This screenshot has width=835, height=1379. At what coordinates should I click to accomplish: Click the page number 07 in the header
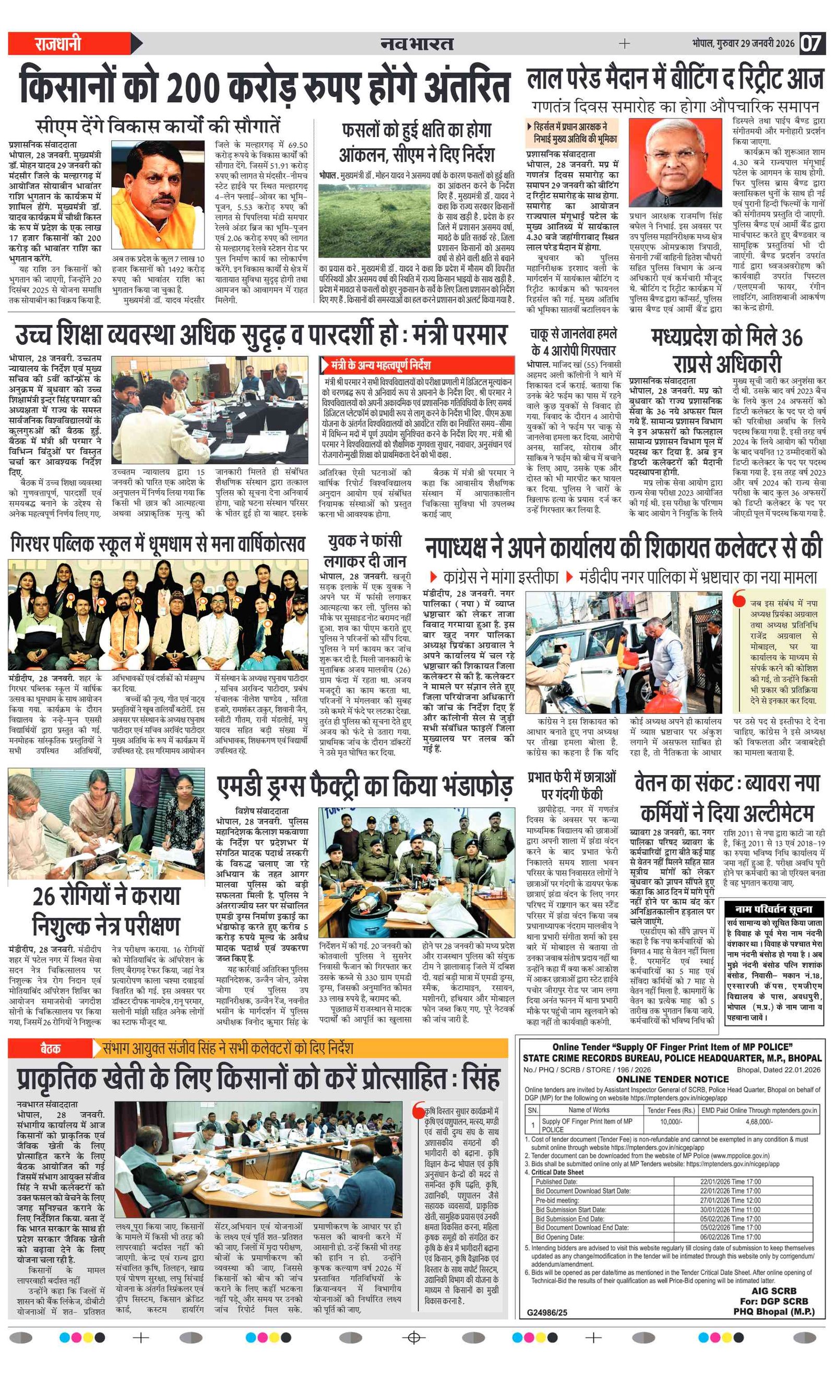811,43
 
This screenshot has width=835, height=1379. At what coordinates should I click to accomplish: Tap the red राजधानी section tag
58,43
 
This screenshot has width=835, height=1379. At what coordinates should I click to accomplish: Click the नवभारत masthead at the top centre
416,43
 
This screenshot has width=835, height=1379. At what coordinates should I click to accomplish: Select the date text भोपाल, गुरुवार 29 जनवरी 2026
743,44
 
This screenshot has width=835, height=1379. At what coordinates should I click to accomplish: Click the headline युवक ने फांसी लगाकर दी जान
365,551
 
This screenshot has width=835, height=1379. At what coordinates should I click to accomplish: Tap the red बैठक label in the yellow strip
51,1048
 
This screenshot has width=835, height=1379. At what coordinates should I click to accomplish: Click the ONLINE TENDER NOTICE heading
672,1079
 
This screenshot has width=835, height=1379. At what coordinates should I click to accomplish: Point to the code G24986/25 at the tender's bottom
546,1312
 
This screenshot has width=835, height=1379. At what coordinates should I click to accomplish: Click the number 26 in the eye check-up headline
44,896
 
